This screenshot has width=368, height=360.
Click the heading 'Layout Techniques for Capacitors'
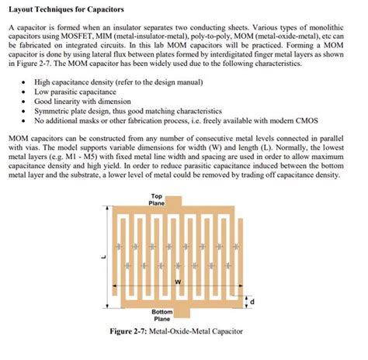[x=64, y=9]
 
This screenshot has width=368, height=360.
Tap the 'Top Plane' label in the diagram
[x=157, y=199]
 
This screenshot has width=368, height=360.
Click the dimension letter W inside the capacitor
[x=179, y=282]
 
